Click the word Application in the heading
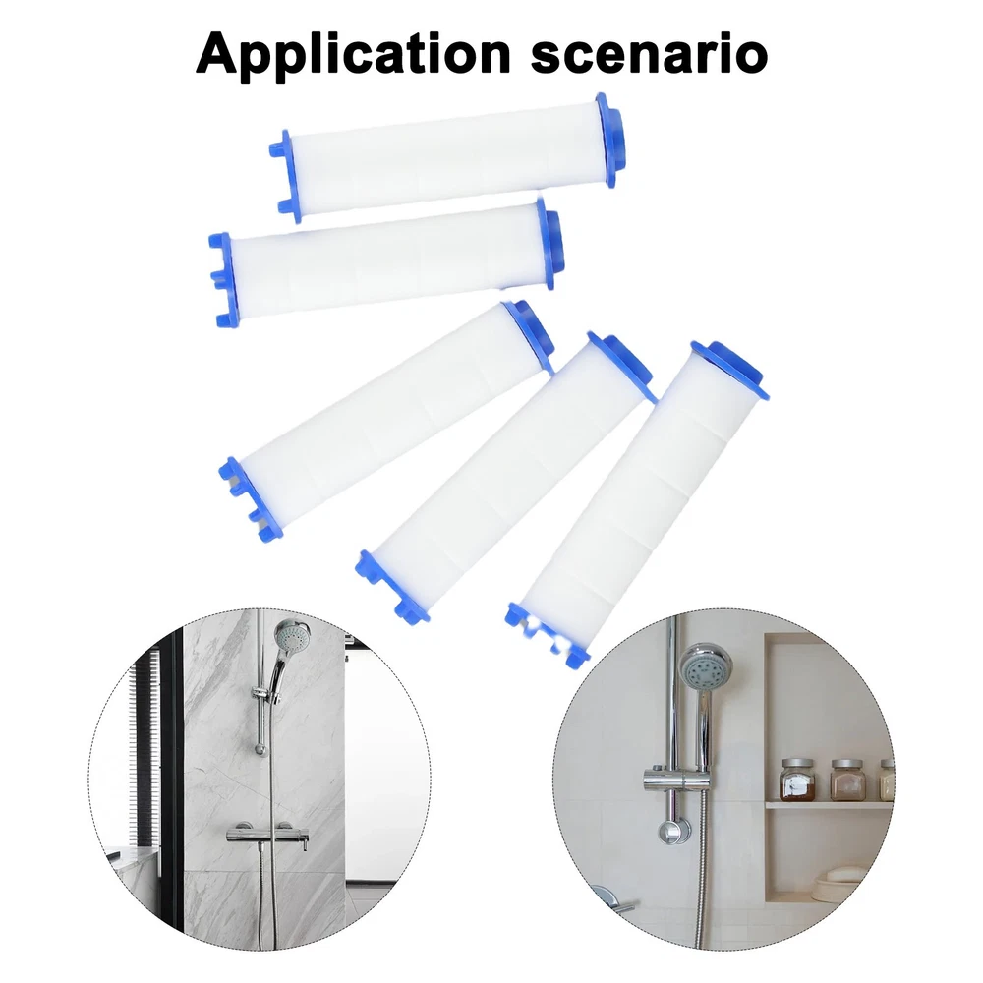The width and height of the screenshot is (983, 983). tap(354, 54)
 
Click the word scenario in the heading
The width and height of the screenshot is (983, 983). tap(649, 55)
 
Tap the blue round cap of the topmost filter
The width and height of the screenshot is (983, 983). tap(610, 140)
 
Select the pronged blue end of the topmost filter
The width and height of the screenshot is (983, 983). tap(286, 176)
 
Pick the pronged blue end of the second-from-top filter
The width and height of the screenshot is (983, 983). tap(223, 279)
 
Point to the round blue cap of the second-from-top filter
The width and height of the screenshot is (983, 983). tap(549, 245)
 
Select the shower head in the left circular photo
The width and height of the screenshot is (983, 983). tap(292, 638)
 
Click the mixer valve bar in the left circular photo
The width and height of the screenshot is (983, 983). tap(267, 834)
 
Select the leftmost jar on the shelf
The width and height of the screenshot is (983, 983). tap(797, 780)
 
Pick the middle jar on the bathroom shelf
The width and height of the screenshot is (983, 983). tap(846, 780)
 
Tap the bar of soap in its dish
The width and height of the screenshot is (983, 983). tap(843, 873)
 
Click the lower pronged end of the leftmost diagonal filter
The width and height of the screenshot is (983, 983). tap(251, 499)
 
